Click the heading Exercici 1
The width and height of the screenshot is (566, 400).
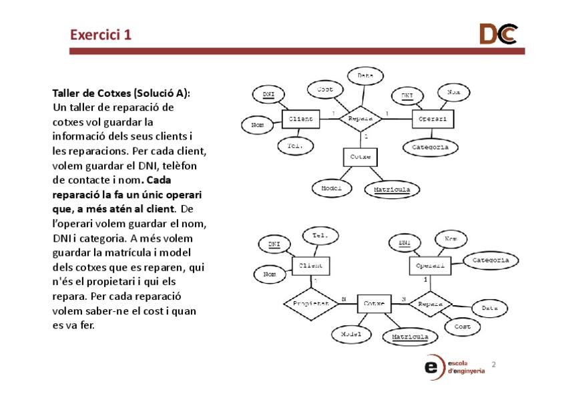coord(101,35)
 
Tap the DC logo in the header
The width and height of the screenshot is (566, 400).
coord(497,34)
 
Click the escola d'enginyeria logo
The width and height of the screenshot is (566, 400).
coord(454,367)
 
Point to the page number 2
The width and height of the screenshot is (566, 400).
coord(493,365)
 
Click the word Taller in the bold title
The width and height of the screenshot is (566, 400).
coord(67,93)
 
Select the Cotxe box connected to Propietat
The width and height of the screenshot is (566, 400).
coord(374,304)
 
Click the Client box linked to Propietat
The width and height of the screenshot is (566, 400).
coord(310,266)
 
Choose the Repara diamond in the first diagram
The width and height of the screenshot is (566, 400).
coord(360,119)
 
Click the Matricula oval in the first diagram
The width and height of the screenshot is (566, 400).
coord(392,190)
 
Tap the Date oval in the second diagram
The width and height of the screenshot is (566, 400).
coord(489,309)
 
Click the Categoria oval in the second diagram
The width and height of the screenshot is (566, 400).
coord(491,260)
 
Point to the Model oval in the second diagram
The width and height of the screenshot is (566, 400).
coord(351,334)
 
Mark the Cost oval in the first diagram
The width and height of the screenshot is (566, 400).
coord(324,89)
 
